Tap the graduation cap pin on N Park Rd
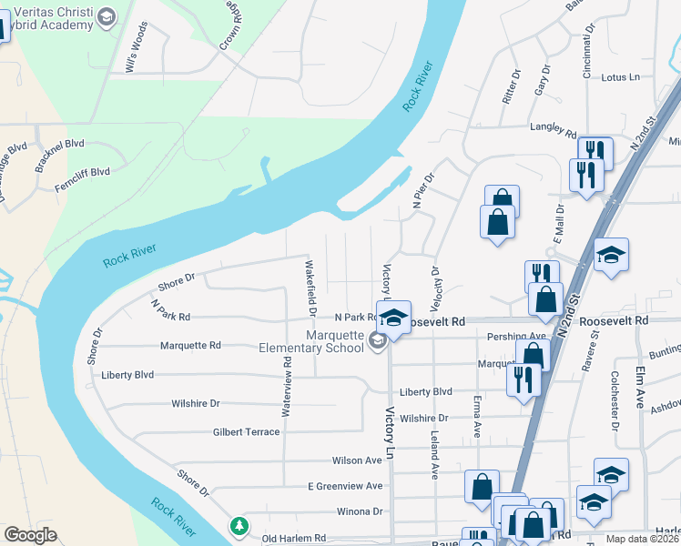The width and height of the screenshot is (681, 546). pyautogui.click(x=393, y=318)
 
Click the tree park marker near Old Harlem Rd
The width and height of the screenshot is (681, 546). pyautogui.click(x=239, y=525)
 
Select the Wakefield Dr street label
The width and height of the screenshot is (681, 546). pyautogui.click(x=311, y=288)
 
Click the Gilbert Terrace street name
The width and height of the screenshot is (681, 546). pyautogui.click(x=246, y=432)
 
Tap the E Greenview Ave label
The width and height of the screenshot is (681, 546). pyautogui.click(x=345, y=486)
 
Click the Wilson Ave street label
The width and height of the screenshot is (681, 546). pyautogui.click(x=357, y=460)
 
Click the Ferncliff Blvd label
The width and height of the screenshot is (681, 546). pyautogui.click(x=82, y=171)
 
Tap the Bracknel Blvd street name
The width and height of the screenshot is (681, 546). pyautogui.click(x=59, y=144)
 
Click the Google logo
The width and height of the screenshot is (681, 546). pyautogui.click(x=30, y=535)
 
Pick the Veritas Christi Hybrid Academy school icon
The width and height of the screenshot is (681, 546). pyautogui.click(x=107, y=17)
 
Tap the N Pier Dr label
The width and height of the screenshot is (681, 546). pyautogui.click(x=419, y=193)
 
